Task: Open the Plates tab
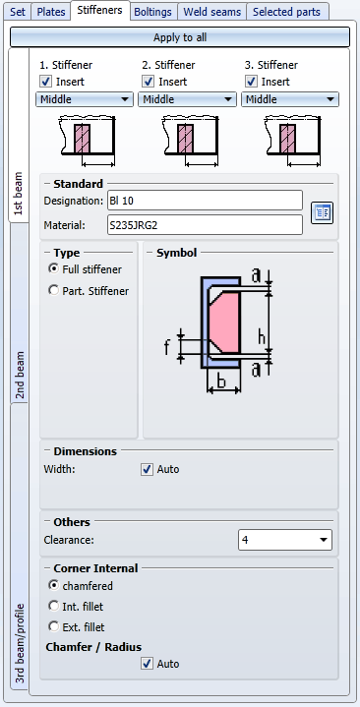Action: (x=51, y=12)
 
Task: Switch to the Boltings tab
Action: (x=152, y=12)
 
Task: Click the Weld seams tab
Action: (x=211, y=12)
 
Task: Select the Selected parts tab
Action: (x=287, y=12)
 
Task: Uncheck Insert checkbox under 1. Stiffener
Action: (x=46, y=82)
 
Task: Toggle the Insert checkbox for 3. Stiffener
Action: (x=251, y=82)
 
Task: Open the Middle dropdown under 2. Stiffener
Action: (x=187, y=99)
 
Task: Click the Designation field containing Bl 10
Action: (x=205, y=201)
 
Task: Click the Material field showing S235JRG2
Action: (x=205, y=224)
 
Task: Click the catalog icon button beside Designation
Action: (x=322, y=212)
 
